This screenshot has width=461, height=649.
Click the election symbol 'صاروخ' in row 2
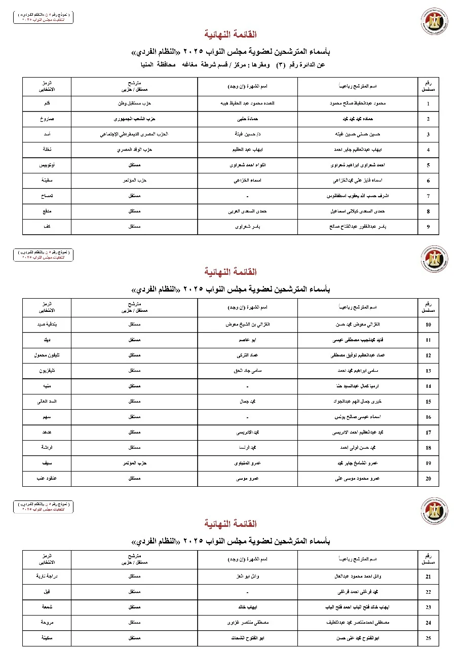(47, 119)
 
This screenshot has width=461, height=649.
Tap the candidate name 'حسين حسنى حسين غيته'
(358, 134)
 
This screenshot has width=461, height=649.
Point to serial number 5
(428, 165)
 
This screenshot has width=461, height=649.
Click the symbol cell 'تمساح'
(47, 196)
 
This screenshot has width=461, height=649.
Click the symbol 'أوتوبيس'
(47, 165)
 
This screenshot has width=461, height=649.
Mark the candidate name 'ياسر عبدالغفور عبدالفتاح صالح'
(358, 227)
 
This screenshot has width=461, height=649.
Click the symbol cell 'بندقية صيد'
(47, 324)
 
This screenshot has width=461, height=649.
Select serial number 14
(428, 386)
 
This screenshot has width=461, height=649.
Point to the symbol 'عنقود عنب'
(47, 478)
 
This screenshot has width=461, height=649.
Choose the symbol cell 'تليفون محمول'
(47, 355)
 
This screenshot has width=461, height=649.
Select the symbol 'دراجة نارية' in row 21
(47, 576)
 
